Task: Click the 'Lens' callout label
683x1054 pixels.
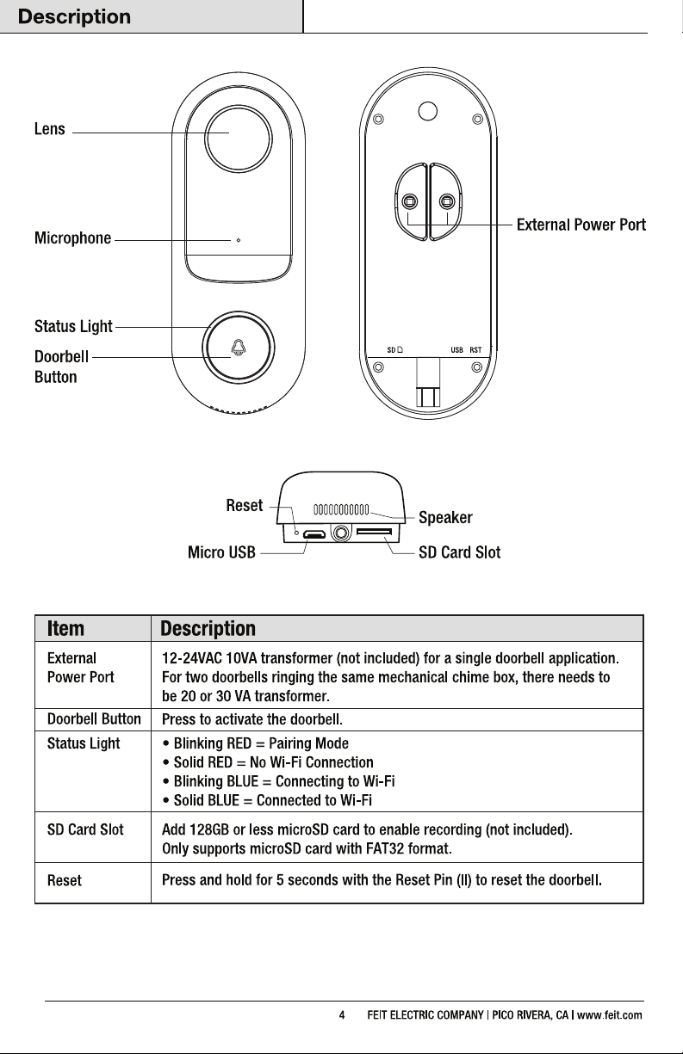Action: click(x=49, y=129)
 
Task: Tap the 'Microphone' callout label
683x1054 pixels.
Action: click(x=72, y=238)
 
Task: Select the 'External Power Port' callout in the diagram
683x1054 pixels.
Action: click(x=581, y=225)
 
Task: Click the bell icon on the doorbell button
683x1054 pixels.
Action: click(x=239, y=348)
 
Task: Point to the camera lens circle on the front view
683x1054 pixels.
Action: click(x=239, y=139)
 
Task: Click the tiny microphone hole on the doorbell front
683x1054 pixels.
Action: click(x=239, y=240)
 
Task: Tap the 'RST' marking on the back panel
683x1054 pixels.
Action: click(x=475, y=350)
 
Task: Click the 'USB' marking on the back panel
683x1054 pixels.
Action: click(x=456, y=350)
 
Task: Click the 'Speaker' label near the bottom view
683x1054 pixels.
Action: click(x=445, y=518)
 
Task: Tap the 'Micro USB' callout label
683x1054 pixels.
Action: click(x=221, y=552)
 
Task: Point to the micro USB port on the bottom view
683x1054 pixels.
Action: click(x=314, y=534)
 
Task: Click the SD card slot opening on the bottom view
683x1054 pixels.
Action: click(x=374, y=532)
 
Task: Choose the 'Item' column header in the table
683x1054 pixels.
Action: click(x=65, y=629)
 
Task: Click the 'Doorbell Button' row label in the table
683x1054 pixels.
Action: click(x=94, y=719)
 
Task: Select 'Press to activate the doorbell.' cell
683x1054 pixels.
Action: click(x=252, y=719)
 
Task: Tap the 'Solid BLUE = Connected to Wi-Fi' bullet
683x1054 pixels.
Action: click(x=267, y=800)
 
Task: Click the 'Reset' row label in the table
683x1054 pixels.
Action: click(x=64, y=880)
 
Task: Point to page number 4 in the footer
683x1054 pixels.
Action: click(x=342, y=1015)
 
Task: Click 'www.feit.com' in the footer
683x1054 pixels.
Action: click(x=610, y=1015)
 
